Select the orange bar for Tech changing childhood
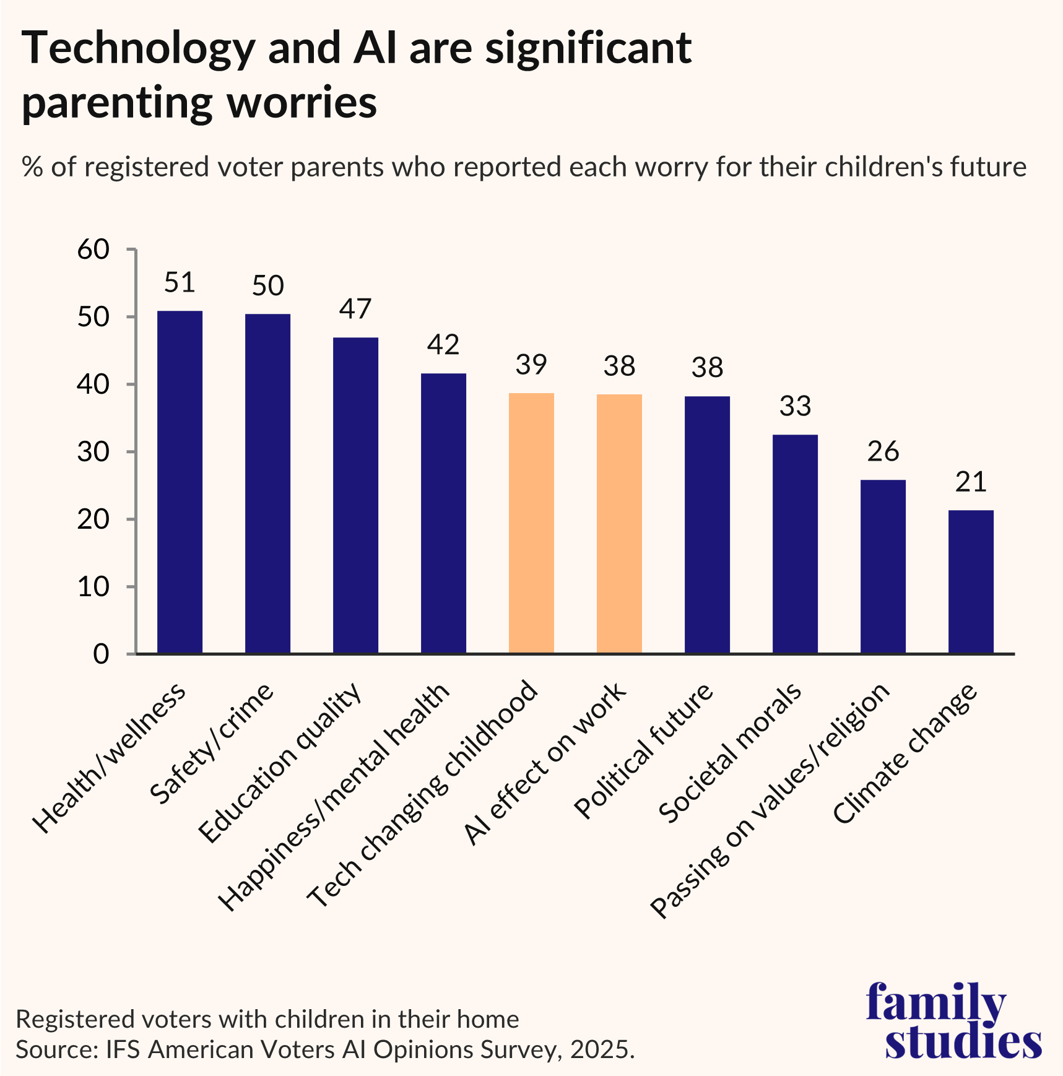(x=531, y=523)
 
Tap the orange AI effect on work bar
(x=619, y=524)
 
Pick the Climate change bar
(x=971, y=582)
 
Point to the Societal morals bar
(x=795, y=544)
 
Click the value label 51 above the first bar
(x=180, y=282)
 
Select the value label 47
(x=355, y=309)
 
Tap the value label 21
(x=971, y=482)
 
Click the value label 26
(x=883, y=451)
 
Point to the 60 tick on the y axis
(x=93, y=249)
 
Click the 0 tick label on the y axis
(x=101, y=654)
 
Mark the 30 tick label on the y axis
(x=93, y=452)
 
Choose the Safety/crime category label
(x=212, y=743)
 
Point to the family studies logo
(x=953, y=1022)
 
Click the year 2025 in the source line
(x=601, y=1050)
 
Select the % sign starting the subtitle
(x=32, y=167)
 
